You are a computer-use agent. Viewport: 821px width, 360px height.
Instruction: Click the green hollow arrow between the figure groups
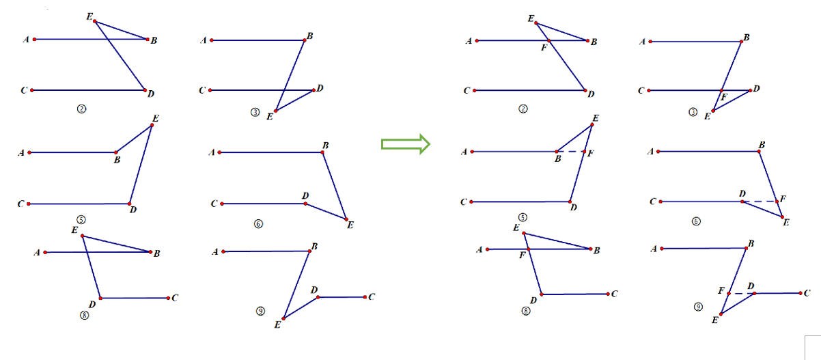click(x=405, y=143)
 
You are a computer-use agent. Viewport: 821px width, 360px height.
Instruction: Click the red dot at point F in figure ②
click(x=548, y=41)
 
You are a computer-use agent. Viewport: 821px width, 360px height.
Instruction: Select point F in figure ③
click(x=722, y=90)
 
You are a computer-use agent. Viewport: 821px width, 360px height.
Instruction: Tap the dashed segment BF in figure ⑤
click(x=570, y=151)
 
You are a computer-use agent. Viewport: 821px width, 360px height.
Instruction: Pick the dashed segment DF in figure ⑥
click(x=759, y=202)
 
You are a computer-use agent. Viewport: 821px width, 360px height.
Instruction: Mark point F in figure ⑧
click(x=529, y=249)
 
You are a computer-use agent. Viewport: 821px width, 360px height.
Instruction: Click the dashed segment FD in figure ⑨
click(x=741, y=293)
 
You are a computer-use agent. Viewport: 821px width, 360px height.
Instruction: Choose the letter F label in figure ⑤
click(x=590, y=153)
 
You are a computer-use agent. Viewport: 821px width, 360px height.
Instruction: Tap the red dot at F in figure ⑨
click(x=729, y=294)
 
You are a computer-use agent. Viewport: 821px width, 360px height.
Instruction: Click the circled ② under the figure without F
click(x=81, y=108)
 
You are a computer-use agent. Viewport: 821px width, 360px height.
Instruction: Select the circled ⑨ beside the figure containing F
click(x=699, y=307)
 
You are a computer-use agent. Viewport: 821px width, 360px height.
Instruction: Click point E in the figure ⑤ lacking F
click(x=152, y=124)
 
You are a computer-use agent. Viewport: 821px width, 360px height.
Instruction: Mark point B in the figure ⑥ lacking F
click(x=323, y=152)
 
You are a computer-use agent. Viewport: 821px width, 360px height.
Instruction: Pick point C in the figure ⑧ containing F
click(x=607, y=294)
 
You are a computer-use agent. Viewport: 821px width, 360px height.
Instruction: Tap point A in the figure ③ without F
click(x=212, y=40)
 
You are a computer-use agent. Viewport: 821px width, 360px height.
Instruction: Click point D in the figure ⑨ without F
click(x=316, y=297)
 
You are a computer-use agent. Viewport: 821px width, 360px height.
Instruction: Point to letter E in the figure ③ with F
click(x=707, y=117)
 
